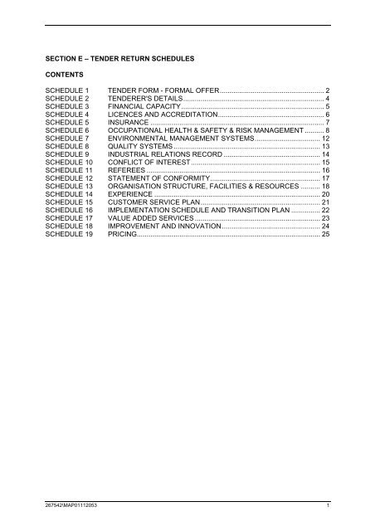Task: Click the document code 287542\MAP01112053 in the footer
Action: pyautogui.click(x=70, y=504)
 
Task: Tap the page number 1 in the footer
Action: pyautogui.click(x=329, y=504)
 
